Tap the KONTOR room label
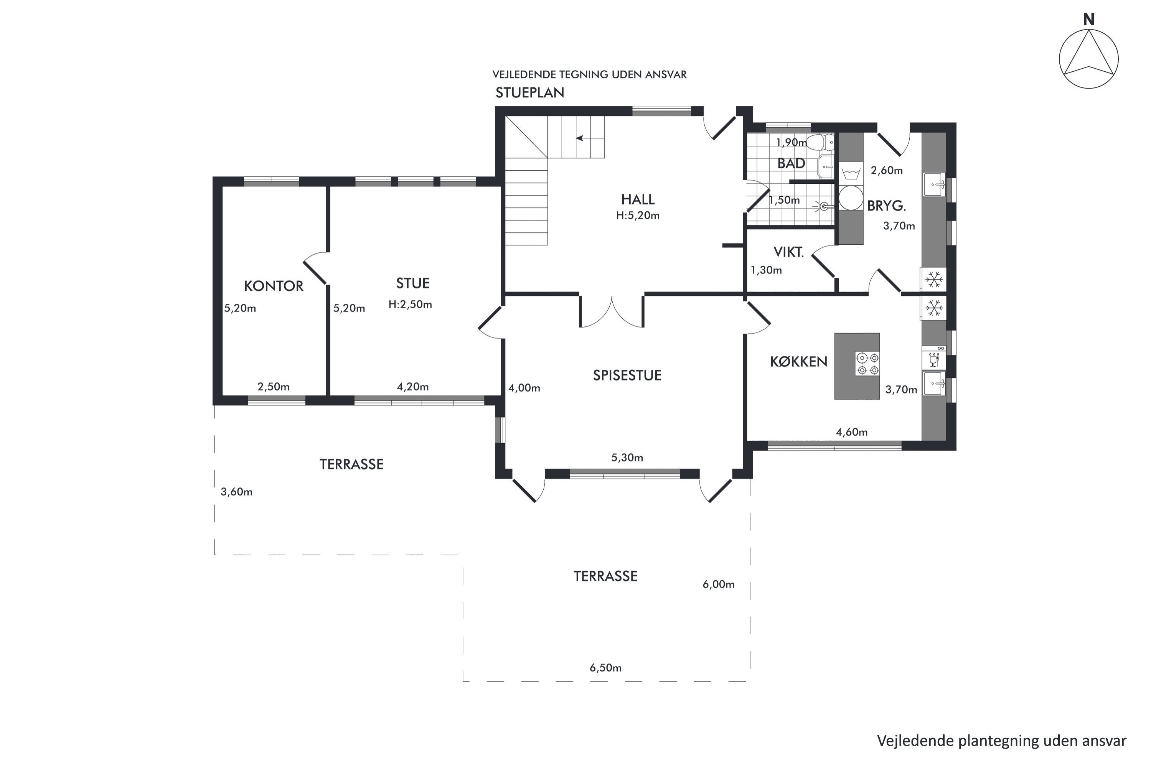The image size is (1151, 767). [274, 286]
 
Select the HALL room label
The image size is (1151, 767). [638, 199]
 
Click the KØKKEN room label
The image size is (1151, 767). [799, 362]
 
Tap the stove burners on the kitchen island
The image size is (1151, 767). [867, 364]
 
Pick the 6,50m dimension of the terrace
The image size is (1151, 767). [605, 668]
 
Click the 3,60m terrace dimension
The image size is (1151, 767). [236, 492]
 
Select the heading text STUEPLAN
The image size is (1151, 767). [529, 93]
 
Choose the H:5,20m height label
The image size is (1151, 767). [638, 216]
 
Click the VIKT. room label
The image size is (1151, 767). [788, 252]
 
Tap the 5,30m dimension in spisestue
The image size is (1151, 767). [627, 458]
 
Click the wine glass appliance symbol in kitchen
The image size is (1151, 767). [934, 359]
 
